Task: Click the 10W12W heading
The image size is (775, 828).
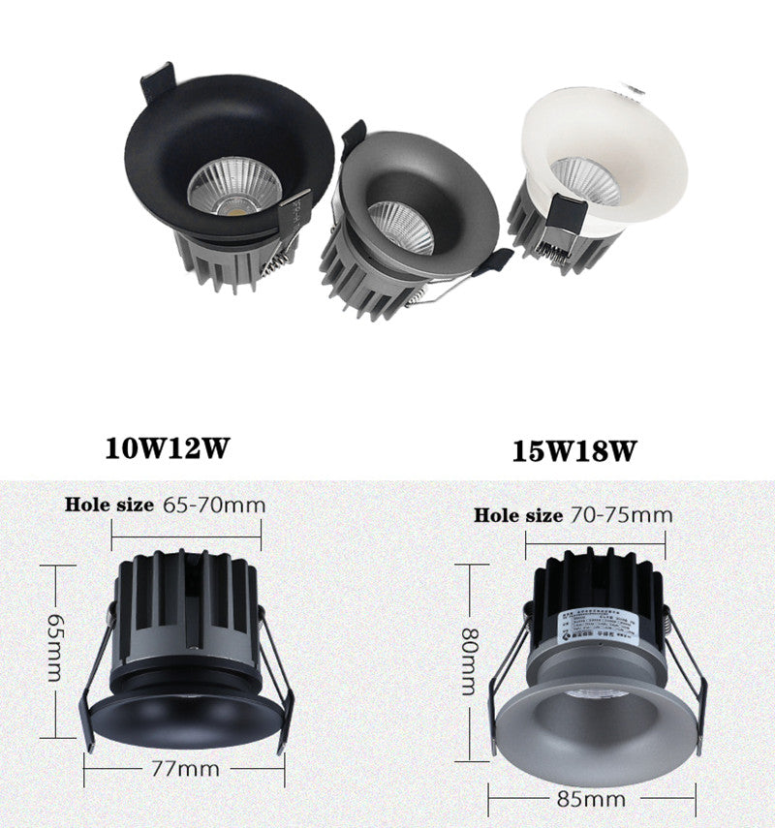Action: tap(169, 447)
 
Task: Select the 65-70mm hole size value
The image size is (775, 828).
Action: tap(213, 505)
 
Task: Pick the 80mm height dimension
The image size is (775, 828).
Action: tap(469, 660)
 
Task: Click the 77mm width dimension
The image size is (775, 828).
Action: tap(185, 770)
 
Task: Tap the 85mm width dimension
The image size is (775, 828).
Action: tap(591, 800)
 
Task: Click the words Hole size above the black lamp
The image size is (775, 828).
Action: tap(108, 505)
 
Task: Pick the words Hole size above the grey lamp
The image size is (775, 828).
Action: tap(517, 515)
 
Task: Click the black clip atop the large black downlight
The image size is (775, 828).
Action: tap(158, 81)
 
